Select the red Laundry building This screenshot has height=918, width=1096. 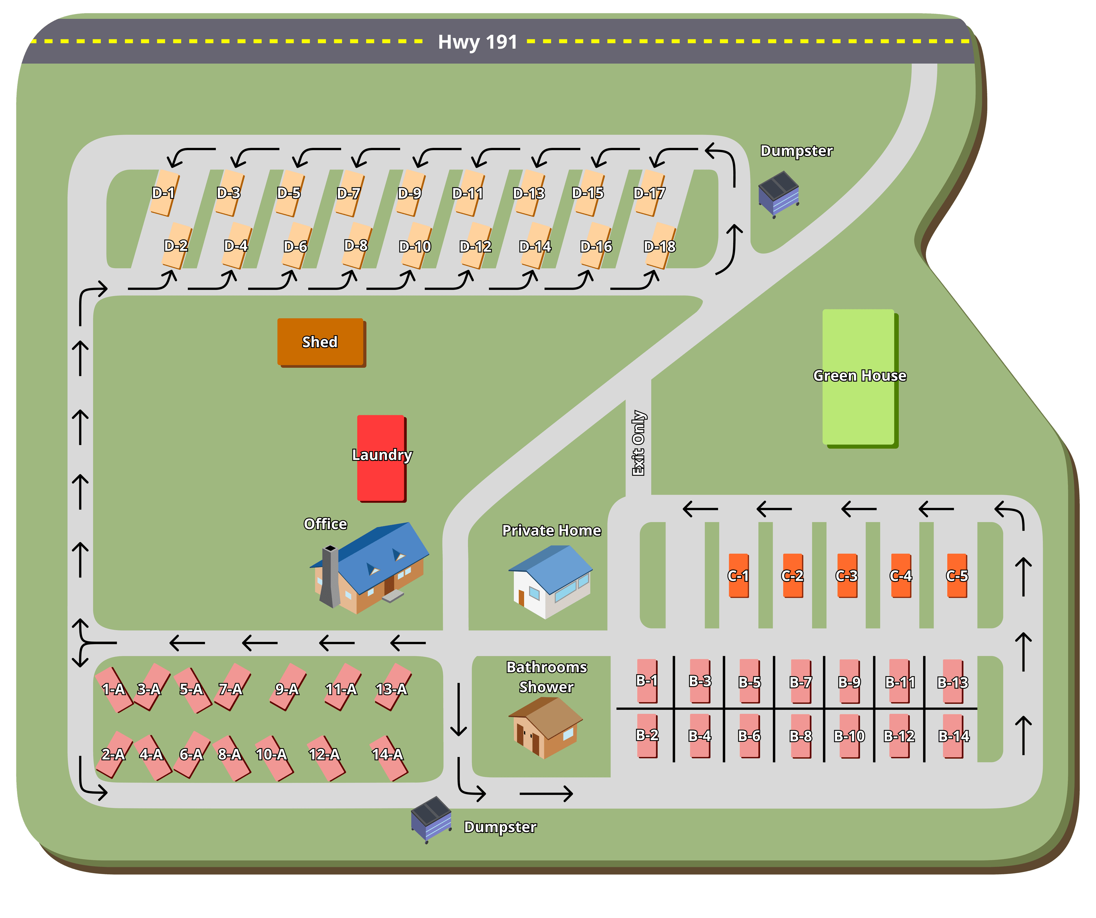point(381,458)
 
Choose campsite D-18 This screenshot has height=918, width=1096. point(660,246)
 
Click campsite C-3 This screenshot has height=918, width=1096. point(847,575)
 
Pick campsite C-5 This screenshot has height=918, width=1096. point(957,575)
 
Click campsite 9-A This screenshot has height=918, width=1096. point(288,688)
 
